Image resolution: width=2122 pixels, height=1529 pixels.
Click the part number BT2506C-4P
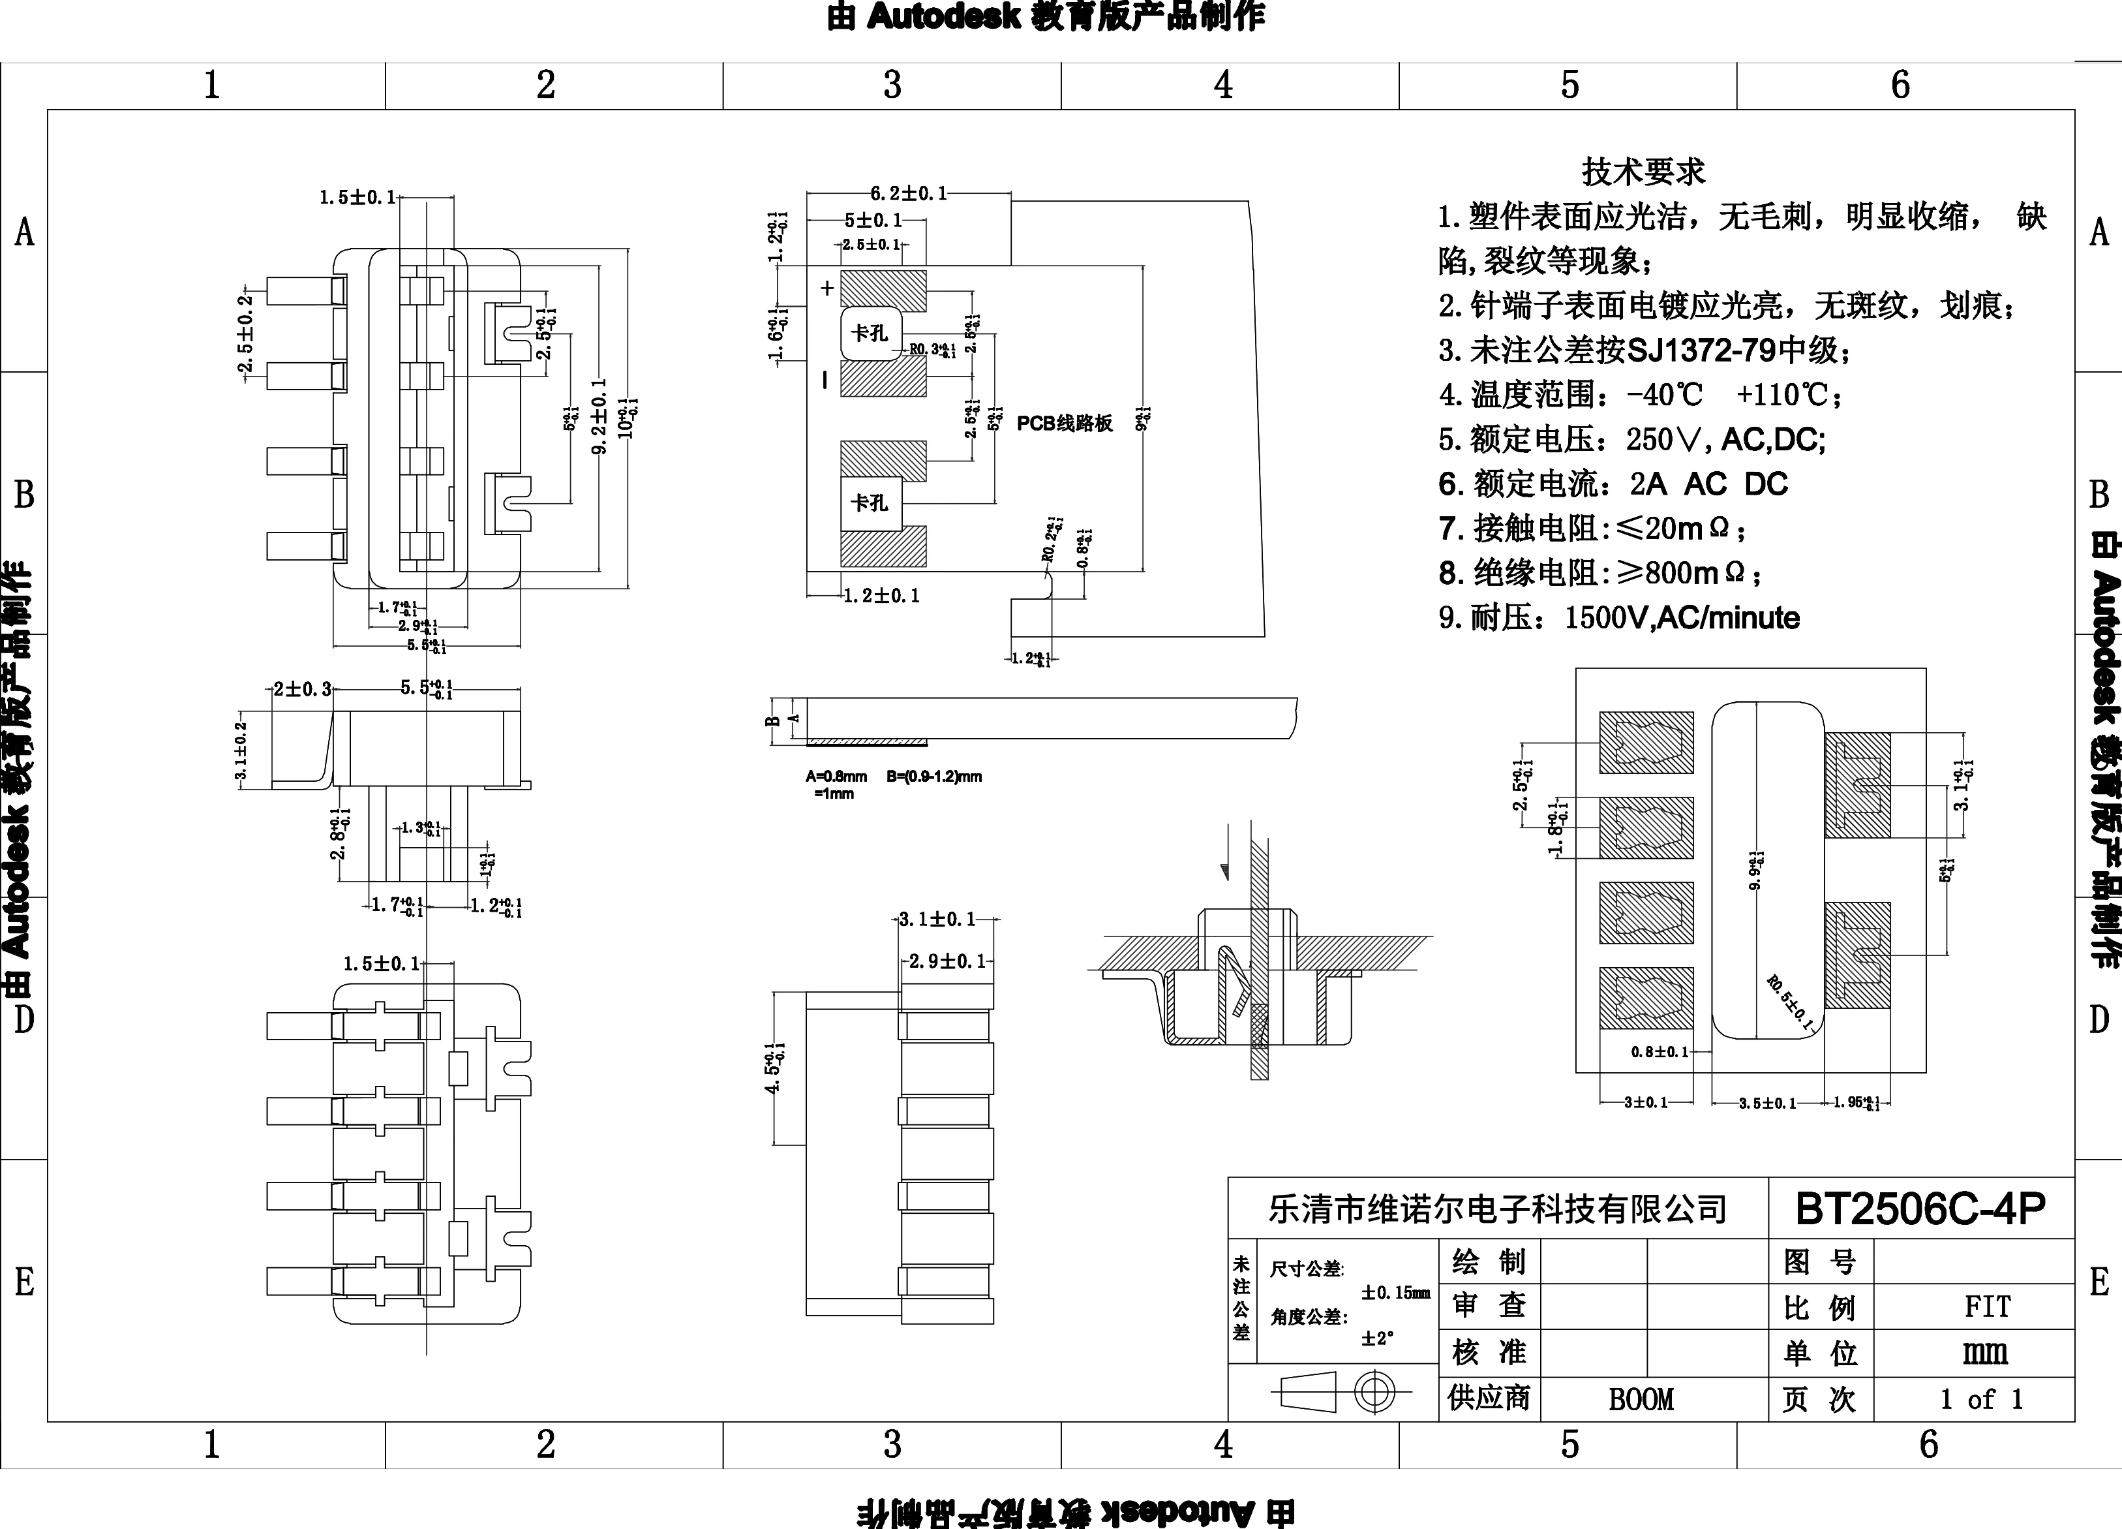(x=1920, y=1209)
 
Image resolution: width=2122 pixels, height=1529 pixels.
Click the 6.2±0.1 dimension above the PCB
(x=909, y=194)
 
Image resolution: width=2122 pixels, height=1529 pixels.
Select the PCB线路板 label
(x=1065, y=423)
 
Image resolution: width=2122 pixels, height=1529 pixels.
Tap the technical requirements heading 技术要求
(x=1643, y=171)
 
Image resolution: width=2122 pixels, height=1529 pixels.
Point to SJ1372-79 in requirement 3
(x=1701, y=351)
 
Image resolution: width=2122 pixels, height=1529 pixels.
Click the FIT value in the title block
(x=1987, y=1306)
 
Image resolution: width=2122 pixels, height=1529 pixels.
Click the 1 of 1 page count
(x=1980, y=1400)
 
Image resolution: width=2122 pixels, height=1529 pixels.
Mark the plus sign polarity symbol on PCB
(x=827, y=288)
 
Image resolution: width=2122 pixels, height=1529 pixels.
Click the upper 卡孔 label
(x=869, y=333)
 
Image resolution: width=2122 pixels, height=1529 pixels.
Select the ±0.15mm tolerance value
(x=1395, y=1292)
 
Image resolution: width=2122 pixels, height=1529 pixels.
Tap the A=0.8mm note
(x=836, y=776)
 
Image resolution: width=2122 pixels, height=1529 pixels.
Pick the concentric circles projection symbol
(x=1374, y=1393)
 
